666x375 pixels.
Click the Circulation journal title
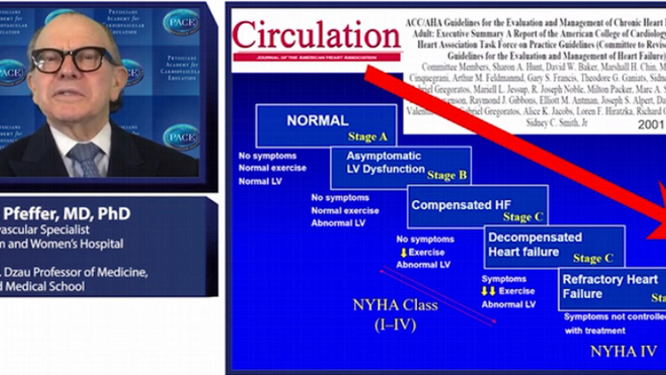(317, 35)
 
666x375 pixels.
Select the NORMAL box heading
(317, 121)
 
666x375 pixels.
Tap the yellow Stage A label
(368, 137)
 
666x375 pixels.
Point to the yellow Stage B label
(447, 175)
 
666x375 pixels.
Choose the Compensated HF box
(477, 206)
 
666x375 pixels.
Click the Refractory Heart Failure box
(612, 288)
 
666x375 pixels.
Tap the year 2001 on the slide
(650, 124)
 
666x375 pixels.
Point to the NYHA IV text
(623, 352)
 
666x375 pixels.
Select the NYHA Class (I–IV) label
(395, 313)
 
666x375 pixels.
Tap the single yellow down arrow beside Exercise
(403, 253)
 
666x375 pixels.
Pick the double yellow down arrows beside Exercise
(488, 291)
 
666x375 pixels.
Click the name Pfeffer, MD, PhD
(65, 214)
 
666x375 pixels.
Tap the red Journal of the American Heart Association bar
(317, 57)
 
